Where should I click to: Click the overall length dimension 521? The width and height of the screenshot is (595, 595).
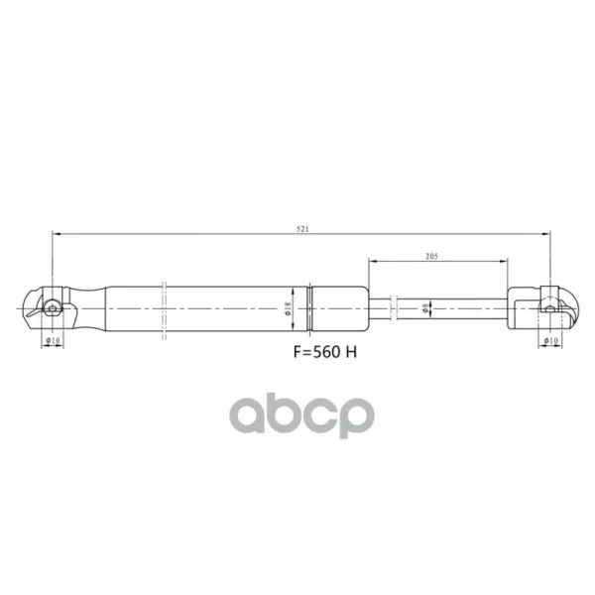tap(302, 229)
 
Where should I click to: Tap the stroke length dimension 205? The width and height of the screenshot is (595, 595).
tap(431, 256)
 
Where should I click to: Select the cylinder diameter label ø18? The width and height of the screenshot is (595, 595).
tap(288, 308)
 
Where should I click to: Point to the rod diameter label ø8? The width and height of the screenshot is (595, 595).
tap(425, 307)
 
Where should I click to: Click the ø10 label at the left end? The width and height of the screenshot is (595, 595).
tap(53, 340)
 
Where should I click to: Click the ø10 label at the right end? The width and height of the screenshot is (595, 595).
tap(550, 340)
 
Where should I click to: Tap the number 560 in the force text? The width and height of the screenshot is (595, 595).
tap(327, 352)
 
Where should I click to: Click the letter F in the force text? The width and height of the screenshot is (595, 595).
tap(297, 352)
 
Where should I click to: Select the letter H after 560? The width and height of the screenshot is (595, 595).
tap(351, 352)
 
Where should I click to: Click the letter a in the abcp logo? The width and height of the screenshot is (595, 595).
tap(247, 416)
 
